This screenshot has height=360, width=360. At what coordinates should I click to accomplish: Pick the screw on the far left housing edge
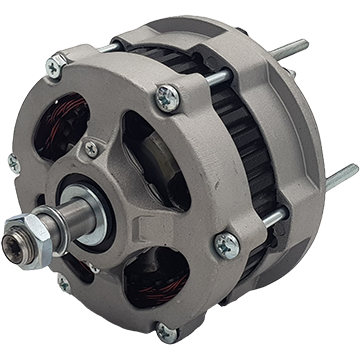pos(14,160)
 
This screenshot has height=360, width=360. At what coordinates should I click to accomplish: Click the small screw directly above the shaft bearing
pos(92,148)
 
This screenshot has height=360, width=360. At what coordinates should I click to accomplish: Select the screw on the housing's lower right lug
pos(229,240)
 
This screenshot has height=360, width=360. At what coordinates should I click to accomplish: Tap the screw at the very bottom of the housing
pos(164,330)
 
